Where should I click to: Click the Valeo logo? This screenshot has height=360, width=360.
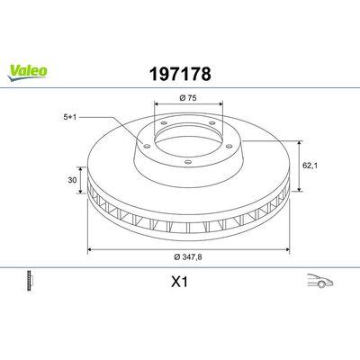click(27, 73)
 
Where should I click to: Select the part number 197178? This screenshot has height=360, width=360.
click(180, 74)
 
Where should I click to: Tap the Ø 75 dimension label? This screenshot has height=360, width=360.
click(188, 97)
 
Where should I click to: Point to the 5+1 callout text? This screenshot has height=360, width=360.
click(70, 117)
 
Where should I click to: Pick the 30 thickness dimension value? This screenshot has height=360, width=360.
click(72, 180)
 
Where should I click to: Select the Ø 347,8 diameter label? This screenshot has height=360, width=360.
click(188, 256)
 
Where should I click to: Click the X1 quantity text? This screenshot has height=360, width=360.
click(179, 282)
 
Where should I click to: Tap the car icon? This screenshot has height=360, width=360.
click(320, 281)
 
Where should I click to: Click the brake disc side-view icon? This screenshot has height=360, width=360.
click(30, 281)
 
